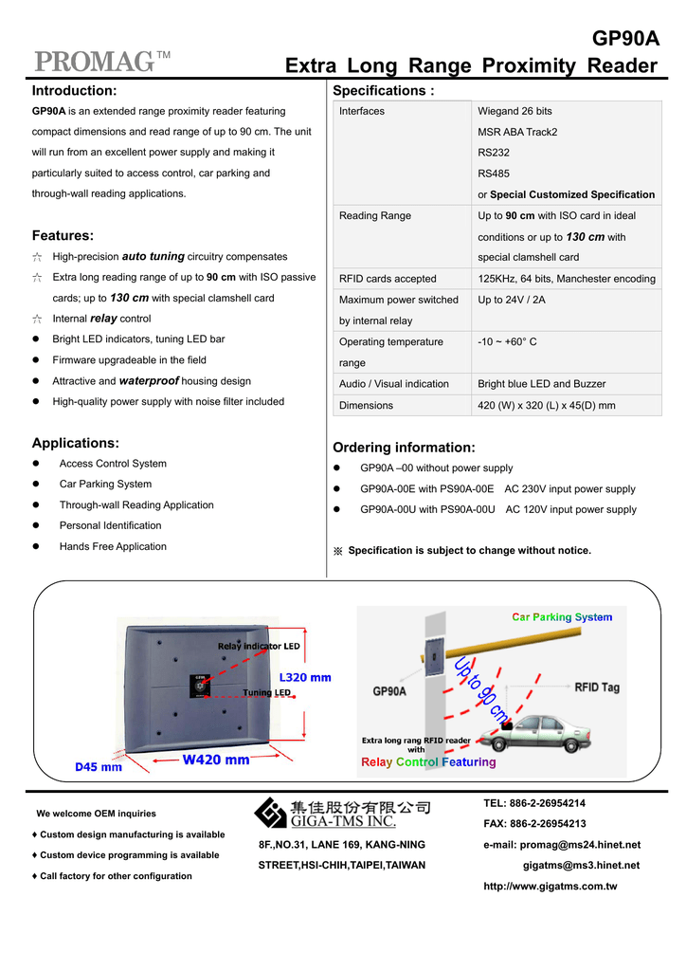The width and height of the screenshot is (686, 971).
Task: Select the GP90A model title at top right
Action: (x=624, y=39)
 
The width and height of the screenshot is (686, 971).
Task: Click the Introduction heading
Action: (x=74, y=91)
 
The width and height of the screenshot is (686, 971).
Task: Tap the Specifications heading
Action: (x=383, y=91)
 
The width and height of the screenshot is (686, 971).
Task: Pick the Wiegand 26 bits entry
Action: (x=514, y=111)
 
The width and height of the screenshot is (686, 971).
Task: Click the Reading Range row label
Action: (x=375, y=216)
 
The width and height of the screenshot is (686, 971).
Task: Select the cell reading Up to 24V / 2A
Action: (x=512, y=300)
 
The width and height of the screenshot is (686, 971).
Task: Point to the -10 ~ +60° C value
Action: (x=507, y=341)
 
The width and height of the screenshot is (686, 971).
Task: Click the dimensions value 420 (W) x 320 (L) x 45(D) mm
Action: (x=547, y=406)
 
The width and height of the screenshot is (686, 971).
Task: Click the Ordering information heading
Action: (x=404, y=448)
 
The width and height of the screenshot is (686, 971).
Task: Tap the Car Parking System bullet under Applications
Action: (x=105, y=485)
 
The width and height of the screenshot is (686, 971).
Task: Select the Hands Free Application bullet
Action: (x=113, y=546)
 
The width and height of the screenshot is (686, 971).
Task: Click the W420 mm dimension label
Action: (x=216, y=760)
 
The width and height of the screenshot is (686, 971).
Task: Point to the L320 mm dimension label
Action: (x=305, y=677)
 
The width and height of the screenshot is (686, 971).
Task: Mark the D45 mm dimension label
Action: (x=99, y=766)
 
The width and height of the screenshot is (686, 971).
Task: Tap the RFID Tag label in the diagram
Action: (x=597, y=687)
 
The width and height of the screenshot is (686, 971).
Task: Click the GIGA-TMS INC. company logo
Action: (x=342, y=814)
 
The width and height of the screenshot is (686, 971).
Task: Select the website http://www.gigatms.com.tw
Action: (x=550, y=887)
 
